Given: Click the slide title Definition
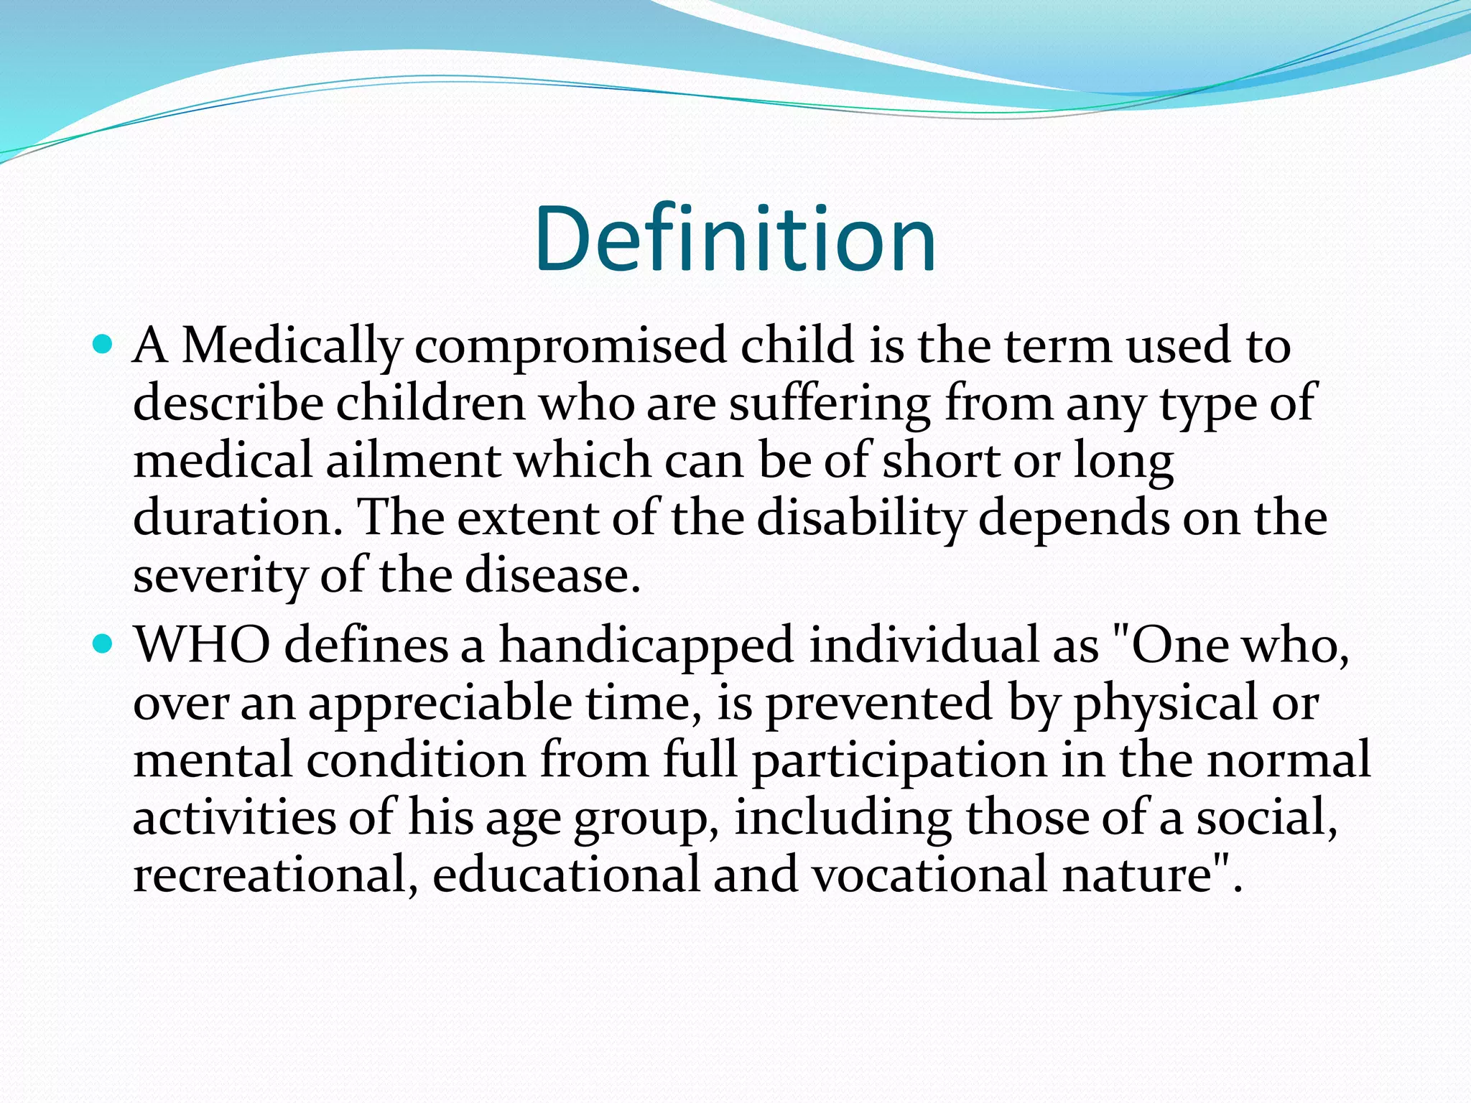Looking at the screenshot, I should point(735,239).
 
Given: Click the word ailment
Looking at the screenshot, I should point(413,461).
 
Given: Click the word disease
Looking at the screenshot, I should point(552,576).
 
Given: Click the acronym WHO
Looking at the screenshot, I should point(203,646).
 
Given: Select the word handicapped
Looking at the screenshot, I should point(646,646).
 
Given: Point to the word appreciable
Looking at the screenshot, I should point(440,704).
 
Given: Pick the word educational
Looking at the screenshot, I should point(566,875).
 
